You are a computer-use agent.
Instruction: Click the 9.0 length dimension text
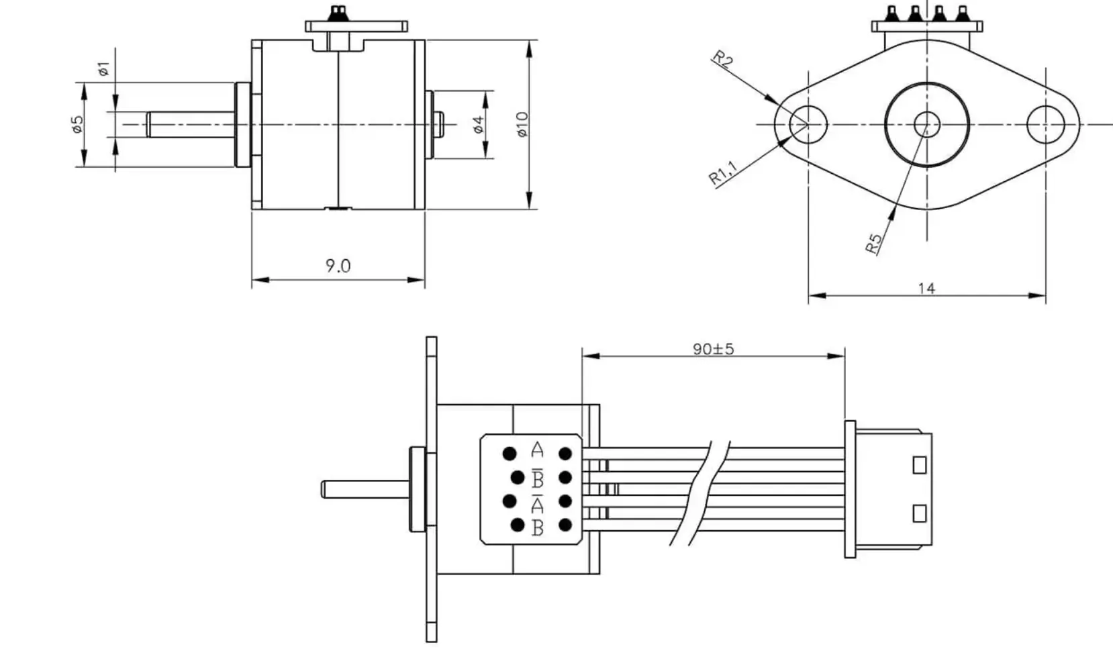338,266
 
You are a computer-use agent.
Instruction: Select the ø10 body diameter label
523,124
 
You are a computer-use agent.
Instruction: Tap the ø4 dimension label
478,124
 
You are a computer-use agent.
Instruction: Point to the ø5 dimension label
79,124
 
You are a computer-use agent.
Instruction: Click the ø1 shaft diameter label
103,68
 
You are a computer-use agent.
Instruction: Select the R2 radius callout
723,60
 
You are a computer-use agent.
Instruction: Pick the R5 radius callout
873,244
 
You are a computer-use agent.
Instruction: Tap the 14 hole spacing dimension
926,288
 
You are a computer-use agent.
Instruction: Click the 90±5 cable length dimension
713,349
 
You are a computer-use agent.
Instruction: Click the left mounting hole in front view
808,124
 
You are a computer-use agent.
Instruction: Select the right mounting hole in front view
1046,124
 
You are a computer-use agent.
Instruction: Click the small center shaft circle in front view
927,124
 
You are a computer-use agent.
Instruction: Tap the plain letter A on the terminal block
537,449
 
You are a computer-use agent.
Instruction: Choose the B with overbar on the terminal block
537,478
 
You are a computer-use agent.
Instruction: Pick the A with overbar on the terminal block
537,503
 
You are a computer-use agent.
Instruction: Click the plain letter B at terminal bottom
537,528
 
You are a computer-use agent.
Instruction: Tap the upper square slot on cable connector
919,464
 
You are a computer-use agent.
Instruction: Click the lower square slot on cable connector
919,513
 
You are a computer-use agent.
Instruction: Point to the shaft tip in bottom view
325,489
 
